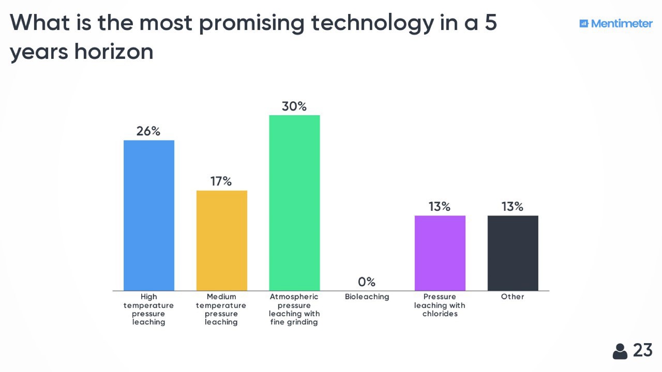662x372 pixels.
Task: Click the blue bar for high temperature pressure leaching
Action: [149, 215]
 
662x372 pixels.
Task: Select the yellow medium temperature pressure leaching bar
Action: [222, 241]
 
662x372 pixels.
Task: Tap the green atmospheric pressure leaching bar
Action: [294, 203]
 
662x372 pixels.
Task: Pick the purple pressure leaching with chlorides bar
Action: [440, 253]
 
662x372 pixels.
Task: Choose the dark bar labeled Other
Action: [513, 253]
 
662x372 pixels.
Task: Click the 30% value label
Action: [294, 106]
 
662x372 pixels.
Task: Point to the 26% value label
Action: [148, 131]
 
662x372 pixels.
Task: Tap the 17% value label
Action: [221, 181]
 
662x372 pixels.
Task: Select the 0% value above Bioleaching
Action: [367, 282]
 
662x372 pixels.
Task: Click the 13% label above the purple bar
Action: [440, 207]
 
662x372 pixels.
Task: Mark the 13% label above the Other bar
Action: [513, 207]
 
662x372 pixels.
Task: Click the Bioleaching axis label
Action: [367, 297]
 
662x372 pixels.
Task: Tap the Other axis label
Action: [513, 297]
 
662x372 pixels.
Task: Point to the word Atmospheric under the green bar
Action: [294, 297]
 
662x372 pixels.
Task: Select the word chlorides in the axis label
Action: [440, 314]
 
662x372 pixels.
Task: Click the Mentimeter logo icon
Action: [584, 23]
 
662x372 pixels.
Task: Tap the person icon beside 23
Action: [620, 351]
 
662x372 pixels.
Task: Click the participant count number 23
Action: [643, 350]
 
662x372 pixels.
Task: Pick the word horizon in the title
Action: [114, 52]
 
